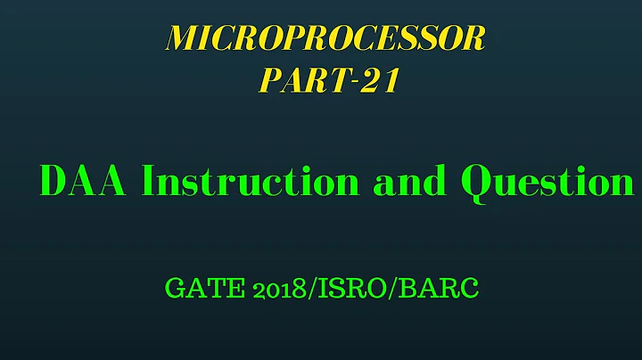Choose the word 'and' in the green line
[411, 182]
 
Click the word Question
[546, 182]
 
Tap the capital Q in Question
[477, 183]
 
